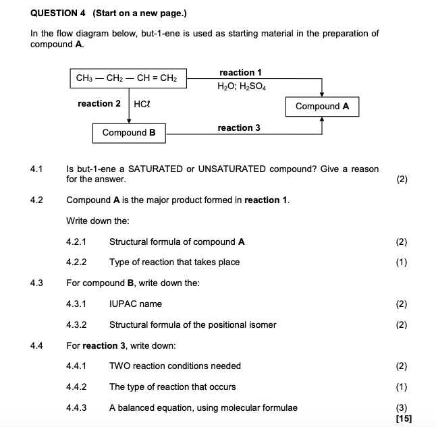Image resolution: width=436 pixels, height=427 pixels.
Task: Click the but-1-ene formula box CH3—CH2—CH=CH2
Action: click(127, 78)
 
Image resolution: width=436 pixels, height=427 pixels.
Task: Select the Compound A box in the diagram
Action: click(322, 107)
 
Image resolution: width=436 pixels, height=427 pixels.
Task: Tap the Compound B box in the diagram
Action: click(129, 133)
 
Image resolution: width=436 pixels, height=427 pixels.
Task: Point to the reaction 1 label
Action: click(240, 72)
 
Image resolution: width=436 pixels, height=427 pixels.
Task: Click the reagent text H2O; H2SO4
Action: click(241, 86)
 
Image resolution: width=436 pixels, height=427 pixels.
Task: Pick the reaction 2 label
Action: click(99, 104)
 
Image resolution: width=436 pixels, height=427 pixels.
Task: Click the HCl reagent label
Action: click(142, 105)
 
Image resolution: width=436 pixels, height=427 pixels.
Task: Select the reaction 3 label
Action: click(239, 127)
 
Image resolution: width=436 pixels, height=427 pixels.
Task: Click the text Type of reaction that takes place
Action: click(174, 262)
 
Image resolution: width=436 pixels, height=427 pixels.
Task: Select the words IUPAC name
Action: click(136, 304)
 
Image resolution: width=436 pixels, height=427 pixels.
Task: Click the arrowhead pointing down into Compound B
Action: click(128, 121)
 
